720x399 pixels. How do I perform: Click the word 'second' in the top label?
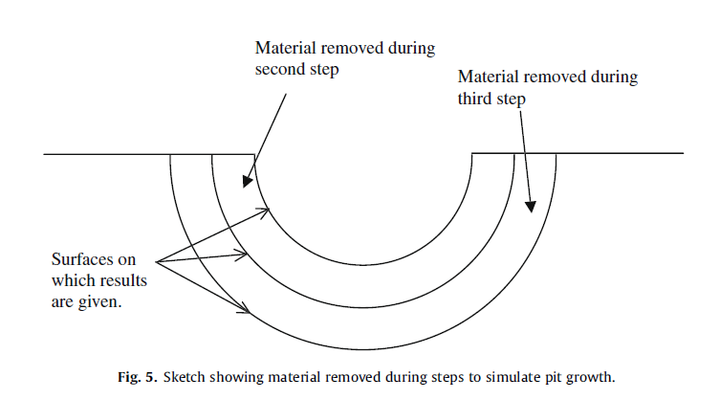(278, 69)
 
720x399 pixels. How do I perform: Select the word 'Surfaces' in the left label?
(79, 260)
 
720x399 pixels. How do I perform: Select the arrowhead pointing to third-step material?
(531, 204)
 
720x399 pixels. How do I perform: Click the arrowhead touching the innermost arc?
(266, 211)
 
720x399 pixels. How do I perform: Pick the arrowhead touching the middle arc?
(246, 255)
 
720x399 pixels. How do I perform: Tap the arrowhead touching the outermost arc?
(246, 310)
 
